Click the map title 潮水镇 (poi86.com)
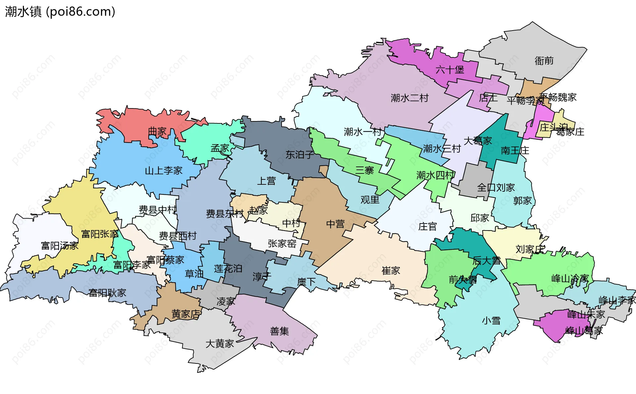click(60, 12)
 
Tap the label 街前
click(544, 61)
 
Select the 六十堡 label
click(450, 70)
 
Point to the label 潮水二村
click(409, 98)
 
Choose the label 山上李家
click(164, 171)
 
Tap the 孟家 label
click(220, 148)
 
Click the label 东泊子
click(300, 155)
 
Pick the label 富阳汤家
click(60, 246)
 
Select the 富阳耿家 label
click(107, 293)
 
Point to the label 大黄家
click(220, 344)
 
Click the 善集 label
click(279, 331)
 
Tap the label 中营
click(335, 224)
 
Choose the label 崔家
click(391, 271)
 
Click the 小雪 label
click(491, 321)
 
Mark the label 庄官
click(427, 227)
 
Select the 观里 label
click(370, 200)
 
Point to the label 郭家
click(522, 201)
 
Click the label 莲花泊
click(228, 269)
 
